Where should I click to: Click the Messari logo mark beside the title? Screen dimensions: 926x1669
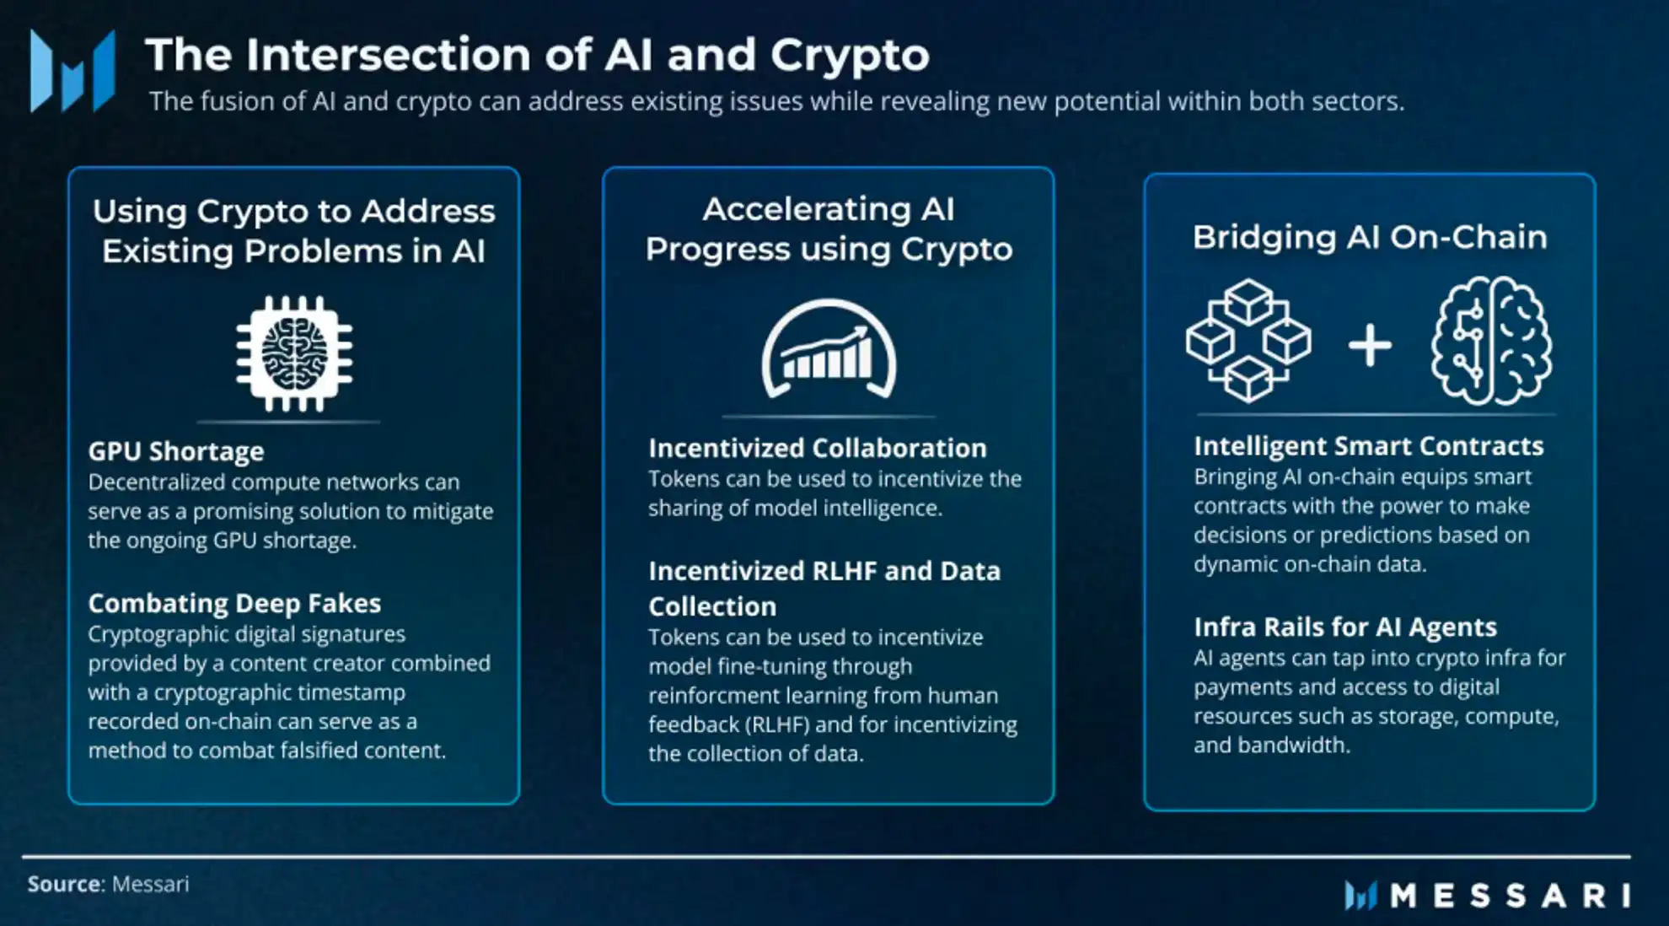click(x=72, y=72)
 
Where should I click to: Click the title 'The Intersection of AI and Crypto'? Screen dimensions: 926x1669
click(x=537, y=55)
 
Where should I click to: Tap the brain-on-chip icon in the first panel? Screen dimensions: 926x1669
click(x=294, y=353)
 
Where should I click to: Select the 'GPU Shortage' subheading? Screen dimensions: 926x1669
click(x=175, y=451)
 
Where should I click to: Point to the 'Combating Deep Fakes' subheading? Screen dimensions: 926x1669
click(x=234, y=603)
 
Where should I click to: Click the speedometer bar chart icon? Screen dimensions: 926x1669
click(x=829, y=350)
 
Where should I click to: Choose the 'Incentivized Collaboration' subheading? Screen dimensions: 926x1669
click(x=817, y=448)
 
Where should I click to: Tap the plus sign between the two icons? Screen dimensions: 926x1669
click(x=1370, y=345)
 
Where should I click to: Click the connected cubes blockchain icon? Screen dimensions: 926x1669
click(x=1248, y=340)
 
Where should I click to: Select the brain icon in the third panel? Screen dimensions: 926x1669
click(x=1491, y=340)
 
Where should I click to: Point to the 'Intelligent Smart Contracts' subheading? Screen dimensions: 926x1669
click(x=1368, y=445)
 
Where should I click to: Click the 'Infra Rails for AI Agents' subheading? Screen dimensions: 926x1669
click(x=1344, y=627)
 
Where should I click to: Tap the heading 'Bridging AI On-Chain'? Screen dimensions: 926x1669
click(x=1369, y=237)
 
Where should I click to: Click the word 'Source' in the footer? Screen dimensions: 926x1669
click(x=65, y=884)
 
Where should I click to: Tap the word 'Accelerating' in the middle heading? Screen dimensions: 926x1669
click(x=807, y=209)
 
